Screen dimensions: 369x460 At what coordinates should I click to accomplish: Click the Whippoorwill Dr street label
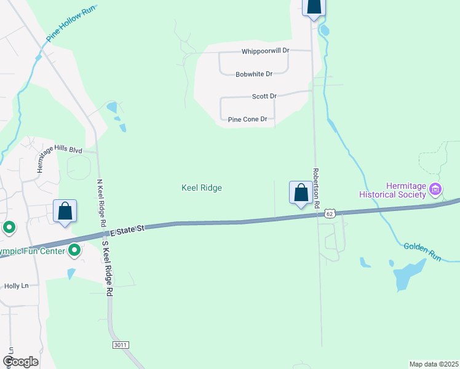[x=265, y=50]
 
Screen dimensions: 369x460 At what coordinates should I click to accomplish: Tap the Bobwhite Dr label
[x=254, y=74]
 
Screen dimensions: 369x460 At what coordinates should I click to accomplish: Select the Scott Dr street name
[x=264, y=97]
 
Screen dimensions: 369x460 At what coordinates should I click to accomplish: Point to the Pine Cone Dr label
[x=248, y=119]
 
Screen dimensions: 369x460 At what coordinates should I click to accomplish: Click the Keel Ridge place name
[x=202, y=188]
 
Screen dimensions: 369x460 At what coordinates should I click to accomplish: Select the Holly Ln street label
[x=17, y=286]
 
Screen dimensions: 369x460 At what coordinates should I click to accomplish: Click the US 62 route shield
[x=330, y=213]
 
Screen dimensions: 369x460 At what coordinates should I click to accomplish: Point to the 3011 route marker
[x=121, y=346]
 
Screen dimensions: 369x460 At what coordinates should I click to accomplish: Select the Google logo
[x=20, y=362]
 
